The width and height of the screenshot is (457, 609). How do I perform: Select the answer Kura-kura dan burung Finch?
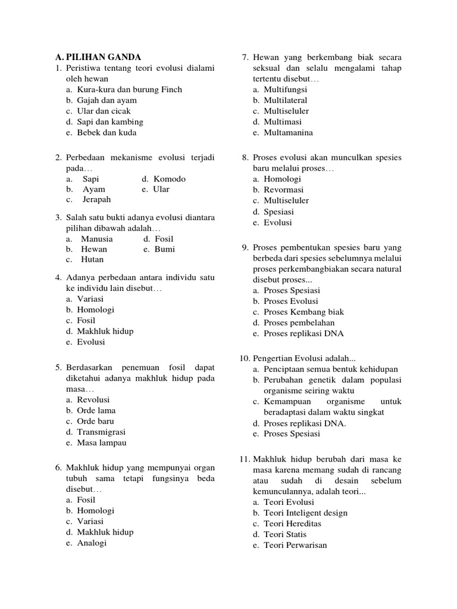(129, 89)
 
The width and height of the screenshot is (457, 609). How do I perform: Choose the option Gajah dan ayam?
(107, 100)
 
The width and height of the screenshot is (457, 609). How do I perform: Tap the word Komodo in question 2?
(170, 178)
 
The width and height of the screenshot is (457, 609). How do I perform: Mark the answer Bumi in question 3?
(165, 249)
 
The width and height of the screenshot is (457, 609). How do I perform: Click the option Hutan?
(92, 259)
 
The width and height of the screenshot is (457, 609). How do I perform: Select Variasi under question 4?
(90, 299)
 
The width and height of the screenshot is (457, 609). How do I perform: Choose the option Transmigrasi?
(101, 432)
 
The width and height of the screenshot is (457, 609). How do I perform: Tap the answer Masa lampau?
(101, 443)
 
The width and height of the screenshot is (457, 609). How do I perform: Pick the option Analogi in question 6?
(92, 543)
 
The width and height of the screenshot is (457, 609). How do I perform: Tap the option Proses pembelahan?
(299, 323)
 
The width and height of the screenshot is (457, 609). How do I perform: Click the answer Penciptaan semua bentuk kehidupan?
(331, 369)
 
